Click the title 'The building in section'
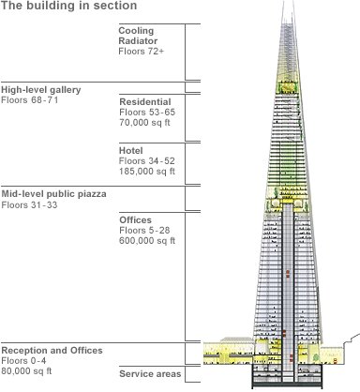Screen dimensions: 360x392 (x=68, y=6)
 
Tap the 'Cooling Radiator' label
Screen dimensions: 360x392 (x=138, y=36)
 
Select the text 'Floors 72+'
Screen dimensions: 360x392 (x=141, y=52)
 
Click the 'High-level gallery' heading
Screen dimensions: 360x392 (x=41, y=90)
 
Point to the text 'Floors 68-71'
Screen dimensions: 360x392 (x=30, y=100)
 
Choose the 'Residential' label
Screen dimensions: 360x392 (x=145, y=102)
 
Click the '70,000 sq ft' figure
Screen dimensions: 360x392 (x=144, y=122)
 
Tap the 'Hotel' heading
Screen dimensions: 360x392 (x=130, y=151)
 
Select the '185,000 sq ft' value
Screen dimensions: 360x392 (x=147, y=172)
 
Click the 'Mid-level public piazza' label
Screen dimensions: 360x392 (x=53, y=194)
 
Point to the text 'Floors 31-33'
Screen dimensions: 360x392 (x=29, y=205)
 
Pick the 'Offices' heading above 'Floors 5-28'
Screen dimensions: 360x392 (x=135, y=219)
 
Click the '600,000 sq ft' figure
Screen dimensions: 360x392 (x=147, y=241)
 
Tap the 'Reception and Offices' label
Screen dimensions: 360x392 (x=52, y=351)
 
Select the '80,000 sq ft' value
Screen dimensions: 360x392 (x=26, y=371)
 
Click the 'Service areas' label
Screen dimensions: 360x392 (x=150, y=374)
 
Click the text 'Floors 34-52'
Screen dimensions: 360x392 (x=147, y=161)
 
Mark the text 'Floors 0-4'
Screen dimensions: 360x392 (x=23, y=361)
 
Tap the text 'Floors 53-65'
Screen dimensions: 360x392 (x=147, y=113)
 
